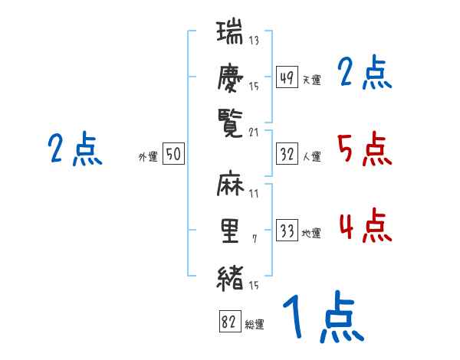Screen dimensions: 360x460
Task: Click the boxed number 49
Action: tap(287, 77)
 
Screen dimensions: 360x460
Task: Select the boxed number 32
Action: tap(287, 154)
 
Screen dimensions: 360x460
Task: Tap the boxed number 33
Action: tap(287, 231)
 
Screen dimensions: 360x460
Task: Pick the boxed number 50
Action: tap(173, 154)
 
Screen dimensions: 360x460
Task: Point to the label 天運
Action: tap(312, 80)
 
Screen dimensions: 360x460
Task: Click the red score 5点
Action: tap(364, 149)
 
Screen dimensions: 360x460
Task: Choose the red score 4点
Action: tap(364, 226)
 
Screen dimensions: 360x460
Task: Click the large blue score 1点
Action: tap(322, 318)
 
